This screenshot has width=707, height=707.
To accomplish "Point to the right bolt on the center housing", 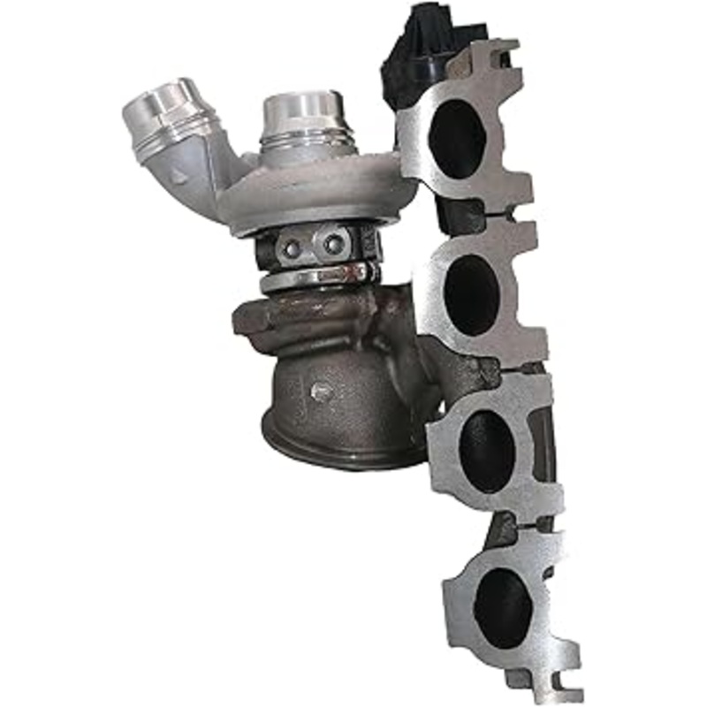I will (333, 244).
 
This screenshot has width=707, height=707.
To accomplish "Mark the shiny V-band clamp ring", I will (318, 277).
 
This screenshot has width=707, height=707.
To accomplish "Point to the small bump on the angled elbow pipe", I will (180, 177).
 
